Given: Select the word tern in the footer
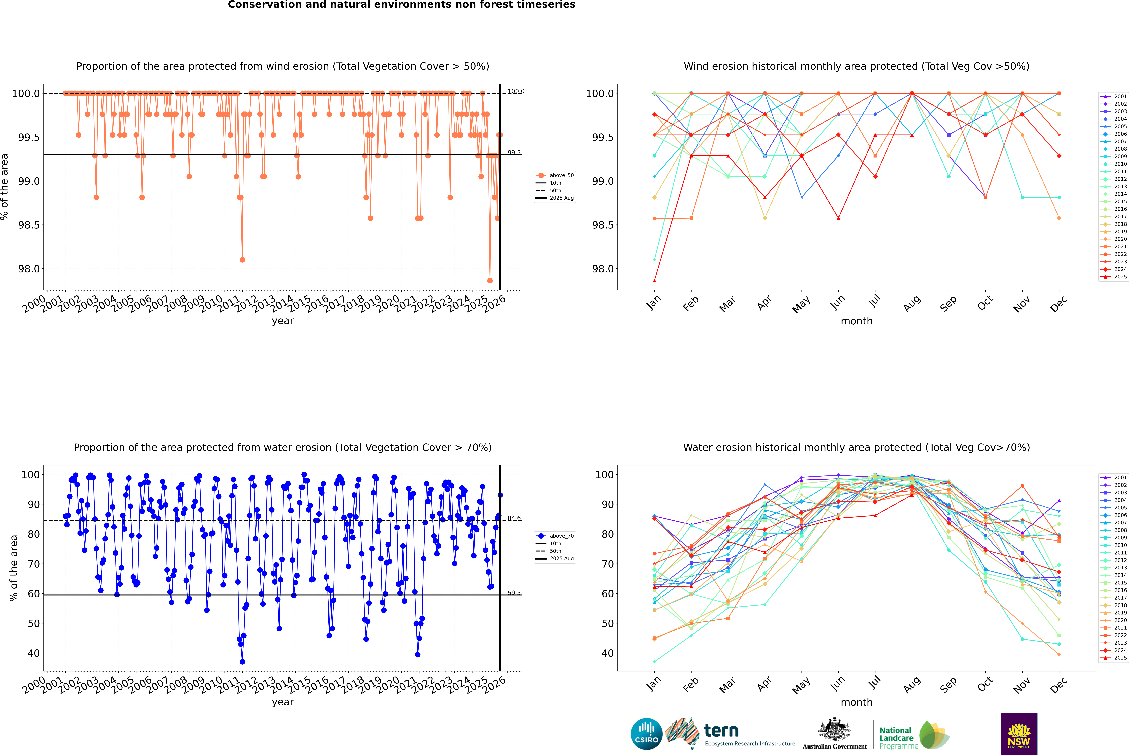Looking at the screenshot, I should pos(721,731).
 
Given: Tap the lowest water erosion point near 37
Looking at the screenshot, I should pos(242,662).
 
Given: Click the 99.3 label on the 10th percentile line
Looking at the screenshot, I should pos(514,153).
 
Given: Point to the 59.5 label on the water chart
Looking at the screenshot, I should pos(514,593).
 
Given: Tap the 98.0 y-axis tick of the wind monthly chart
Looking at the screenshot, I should pos(603,269).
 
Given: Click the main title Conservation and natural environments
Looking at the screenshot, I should pos(401,5).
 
